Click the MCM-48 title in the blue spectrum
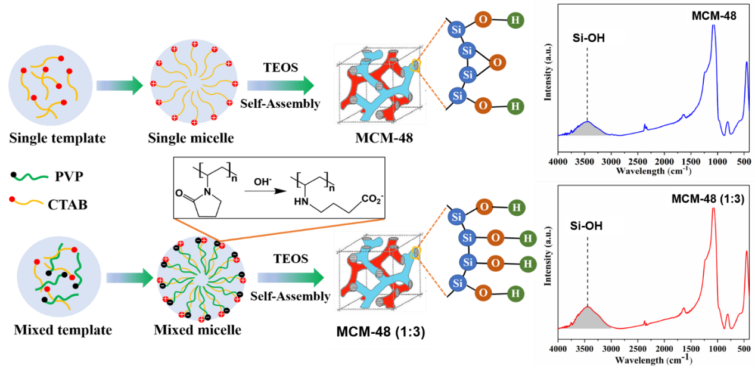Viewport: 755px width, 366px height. coord(714,17)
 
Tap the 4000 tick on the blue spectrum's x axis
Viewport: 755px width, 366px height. coord(558,162)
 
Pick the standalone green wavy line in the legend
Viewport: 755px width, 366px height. coord(31,177)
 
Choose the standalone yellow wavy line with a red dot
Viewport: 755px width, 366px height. coord(27,200)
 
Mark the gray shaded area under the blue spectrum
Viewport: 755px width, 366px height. coord(587,129)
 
